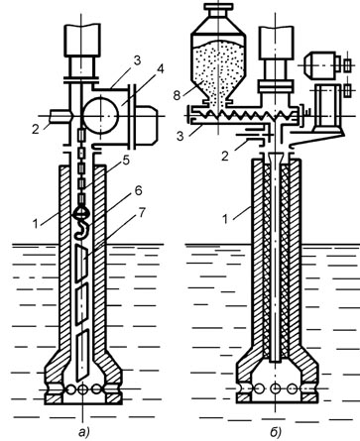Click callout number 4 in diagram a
click(161, 69)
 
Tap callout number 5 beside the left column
click(126, 161)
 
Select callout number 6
click(138, 190)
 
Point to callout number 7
click(141, 213)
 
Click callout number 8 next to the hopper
click(177, 95)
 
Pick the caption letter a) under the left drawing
click(83, 432)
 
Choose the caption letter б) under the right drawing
click(276, 431)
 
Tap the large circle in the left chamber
click(100, 115)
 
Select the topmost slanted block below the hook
click(81, 264)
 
